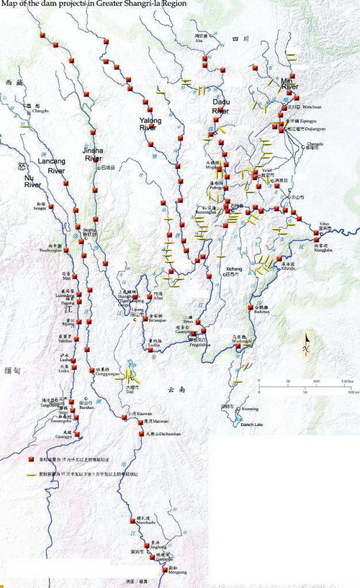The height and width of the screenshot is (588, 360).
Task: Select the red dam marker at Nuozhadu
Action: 133,533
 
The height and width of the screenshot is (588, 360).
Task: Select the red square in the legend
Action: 31,459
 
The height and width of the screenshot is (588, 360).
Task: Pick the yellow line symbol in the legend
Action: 32,475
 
